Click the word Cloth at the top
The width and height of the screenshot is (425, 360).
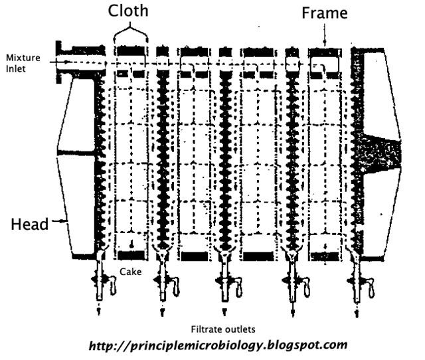click(x=129, y=11)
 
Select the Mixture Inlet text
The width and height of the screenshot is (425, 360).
click(x=23, y=62)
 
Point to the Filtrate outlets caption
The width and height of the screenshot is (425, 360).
click(x=223, y=329)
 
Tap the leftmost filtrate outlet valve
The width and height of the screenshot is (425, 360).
click(x=101, y=282)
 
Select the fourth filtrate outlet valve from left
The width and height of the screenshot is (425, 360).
click(x=293, y=282)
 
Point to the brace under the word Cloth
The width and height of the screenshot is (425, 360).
click(x=129, y=32)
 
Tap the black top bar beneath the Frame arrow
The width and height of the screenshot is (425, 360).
click(x=325, y=50)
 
